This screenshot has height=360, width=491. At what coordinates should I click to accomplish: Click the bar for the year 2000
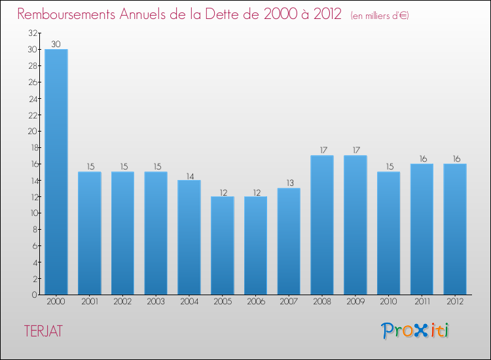pyautogui.click(x=56, y=171)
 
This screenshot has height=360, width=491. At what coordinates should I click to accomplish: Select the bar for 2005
pyautogui.click(x=223, y=245)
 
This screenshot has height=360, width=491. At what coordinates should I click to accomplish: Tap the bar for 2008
pyautogui.click(x=322, y=225)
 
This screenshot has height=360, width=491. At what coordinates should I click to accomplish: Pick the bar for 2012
pyautogui.click(x=455, y=229)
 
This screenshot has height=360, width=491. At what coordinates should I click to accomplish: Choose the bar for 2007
pyautogui.click(x=289, y=241)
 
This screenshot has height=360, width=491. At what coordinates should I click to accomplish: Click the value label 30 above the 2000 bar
pyautogui.click(x=56, y=45)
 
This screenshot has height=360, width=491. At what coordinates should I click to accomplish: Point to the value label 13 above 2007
pyautogui.click(x=289, y=183)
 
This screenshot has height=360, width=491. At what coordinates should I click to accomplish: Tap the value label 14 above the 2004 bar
pyautogui.click(x=189, y=175)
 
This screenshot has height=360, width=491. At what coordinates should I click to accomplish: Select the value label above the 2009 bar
pyautogui.click(x=355, y=151)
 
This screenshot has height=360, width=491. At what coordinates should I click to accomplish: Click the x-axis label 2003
pyautogui.click(x=156, y=302)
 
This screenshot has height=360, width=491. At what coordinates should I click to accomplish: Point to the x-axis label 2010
pyautogui.click(x=389, y=302)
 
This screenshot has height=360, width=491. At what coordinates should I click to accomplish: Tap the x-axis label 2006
pyautogui.click(x=256, y=302)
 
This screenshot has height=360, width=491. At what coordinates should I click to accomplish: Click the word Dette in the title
pyautogui.click(x=234, y=14)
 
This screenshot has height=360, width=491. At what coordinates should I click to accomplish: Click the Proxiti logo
pyautogui.click(x=415, y=331)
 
